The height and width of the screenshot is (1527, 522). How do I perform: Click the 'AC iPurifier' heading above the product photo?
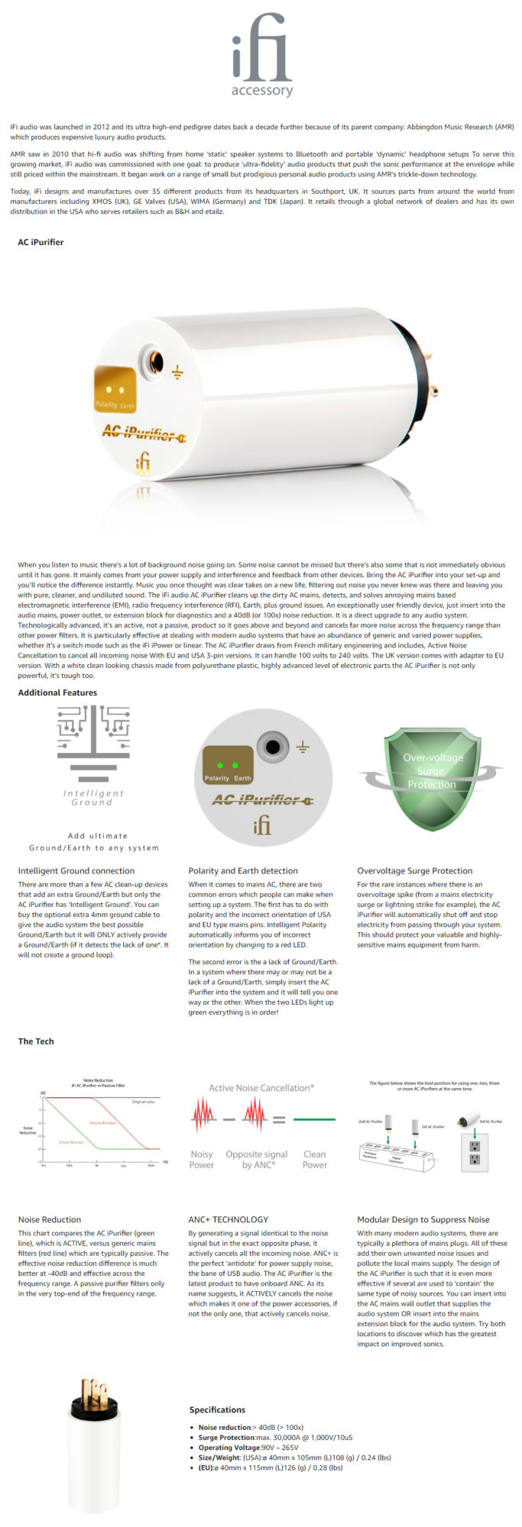(x=41, y=242)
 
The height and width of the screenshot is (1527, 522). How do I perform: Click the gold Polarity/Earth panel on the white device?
(x=115, y=389)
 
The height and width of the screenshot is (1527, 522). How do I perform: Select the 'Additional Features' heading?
(x=57, y=692)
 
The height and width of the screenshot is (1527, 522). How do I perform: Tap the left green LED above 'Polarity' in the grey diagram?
(x=219, y=764)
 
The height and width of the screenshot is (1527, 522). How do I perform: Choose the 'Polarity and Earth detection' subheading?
(x=243, y=870)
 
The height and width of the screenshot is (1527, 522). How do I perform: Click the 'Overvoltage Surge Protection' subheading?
(x=414, y=870)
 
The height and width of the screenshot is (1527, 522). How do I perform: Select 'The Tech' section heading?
(x=36, y=1041)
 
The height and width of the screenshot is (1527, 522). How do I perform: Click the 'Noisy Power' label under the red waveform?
(x=202, y=1159)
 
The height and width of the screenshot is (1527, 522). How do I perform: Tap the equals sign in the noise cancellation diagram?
(x=279, y=1119)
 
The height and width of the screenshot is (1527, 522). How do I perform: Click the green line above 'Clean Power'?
(x=314, y=1119)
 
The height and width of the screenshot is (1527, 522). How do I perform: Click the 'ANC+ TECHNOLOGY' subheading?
(x=228, y=1219)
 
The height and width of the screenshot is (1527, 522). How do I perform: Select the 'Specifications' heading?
(x=217, y=1409)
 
